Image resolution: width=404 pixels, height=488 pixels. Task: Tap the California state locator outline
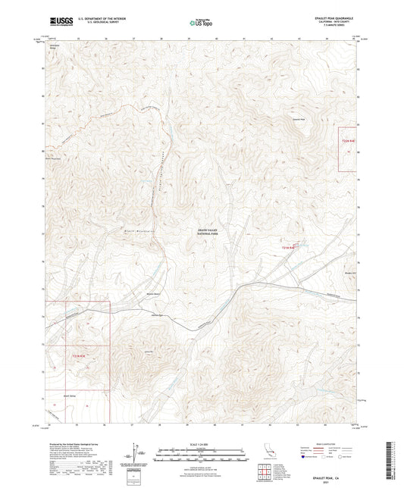coord(268,455)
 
